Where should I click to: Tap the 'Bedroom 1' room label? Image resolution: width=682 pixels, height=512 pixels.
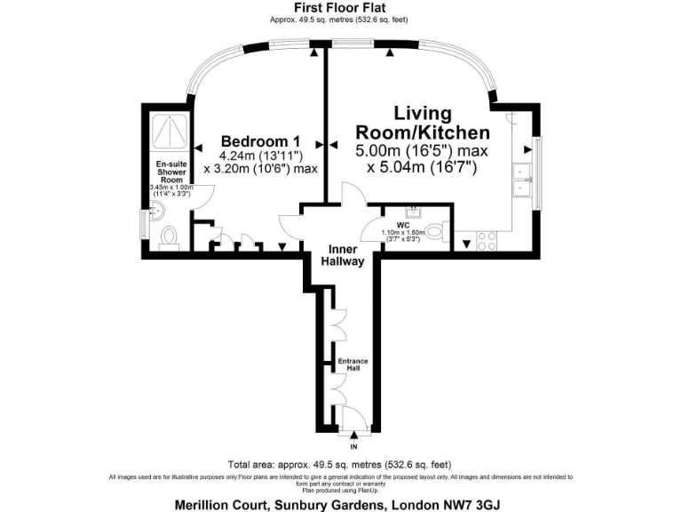coord(260,141)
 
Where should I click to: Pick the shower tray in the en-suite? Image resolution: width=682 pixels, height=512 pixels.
coord(167,132)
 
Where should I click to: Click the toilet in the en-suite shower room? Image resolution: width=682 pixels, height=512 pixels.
coord(170,236)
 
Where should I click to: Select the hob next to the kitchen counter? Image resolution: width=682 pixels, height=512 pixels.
coord(488,238)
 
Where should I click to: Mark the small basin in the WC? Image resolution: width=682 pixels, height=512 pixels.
coord(414,212)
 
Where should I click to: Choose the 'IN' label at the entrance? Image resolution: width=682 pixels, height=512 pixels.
coord(354,447)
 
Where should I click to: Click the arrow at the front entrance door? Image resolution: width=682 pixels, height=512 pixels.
coord(354,435)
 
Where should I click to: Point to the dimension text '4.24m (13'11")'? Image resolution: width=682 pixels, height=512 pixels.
coord(260,155)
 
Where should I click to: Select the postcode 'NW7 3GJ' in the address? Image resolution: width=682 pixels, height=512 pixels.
coord(479,503)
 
